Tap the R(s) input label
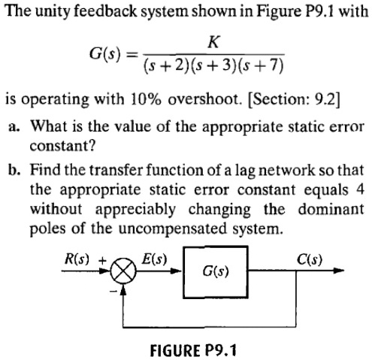[x=77, y=259]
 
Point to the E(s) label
[x=154, y=259]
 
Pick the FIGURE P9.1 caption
[x=193, y=350]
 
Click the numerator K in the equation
[x=213, y=42]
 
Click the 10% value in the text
[x=145, y=99]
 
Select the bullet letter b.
[x=14, y=170]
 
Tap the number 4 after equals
[x=360, y=189]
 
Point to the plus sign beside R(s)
[x=102, y=261]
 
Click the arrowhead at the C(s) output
[x=339, y=271]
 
